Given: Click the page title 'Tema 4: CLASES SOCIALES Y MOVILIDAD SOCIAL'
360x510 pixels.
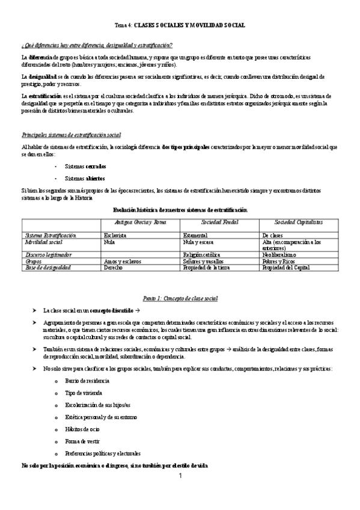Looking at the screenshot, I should tap(180, 25).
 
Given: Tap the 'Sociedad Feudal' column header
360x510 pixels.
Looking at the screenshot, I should tap(219, 223).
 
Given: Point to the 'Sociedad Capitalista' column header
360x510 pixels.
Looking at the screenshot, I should tap(298, 223).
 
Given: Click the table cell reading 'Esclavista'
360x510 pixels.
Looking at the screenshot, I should tap(115, 235).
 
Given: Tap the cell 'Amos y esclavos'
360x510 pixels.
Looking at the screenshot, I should tap(123, 261).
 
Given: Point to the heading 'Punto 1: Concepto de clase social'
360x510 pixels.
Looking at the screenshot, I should tap(180, 298).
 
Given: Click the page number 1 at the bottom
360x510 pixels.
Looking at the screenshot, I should tap(180, 476).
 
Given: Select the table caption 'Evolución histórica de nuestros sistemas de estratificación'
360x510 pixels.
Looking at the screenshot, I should tap(180, 209).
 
